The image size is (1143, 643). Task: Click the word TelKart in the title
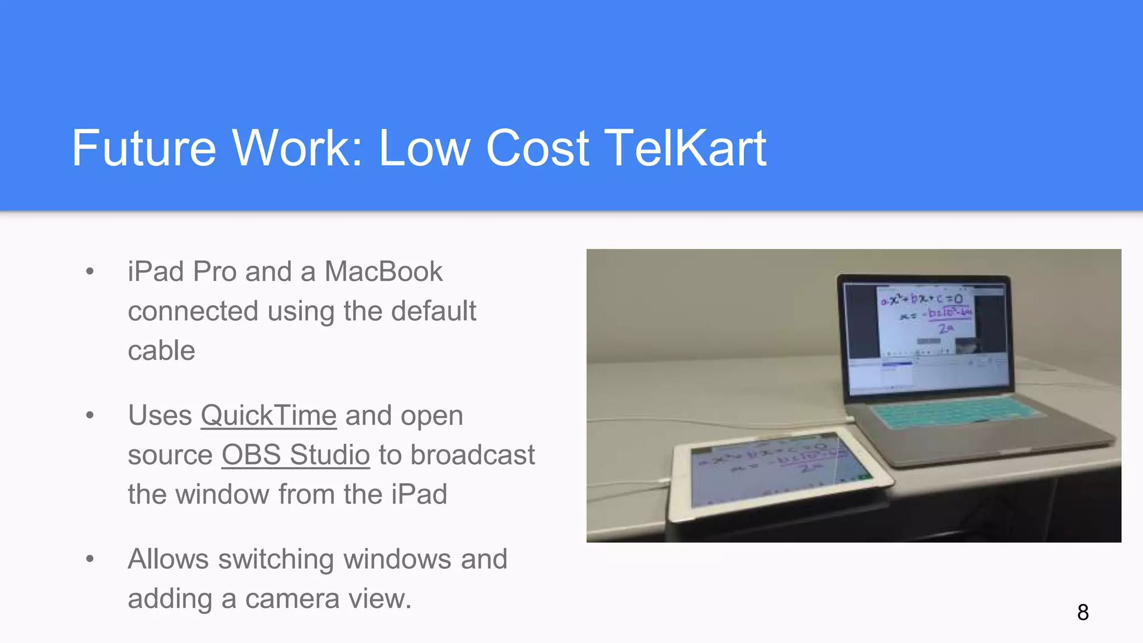(685, 148)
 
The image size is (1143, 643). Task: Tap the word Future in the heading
(143, 148)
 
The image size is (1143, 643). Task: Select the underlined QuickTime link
(268, 415)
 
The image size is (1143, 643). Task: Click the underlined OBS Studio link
(296, 454)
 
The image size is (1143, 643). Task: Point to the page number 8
(1083, 612)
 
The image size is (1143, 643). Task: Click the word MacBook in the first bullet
(383, 272)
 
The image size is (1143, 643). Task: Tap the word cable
(161, 351)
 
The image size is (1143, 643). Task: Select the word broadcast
(473, 454)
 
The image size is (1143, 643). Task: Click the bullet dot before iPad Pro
(90, 272)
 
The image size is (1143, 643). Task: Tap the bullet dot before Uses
(90, 415)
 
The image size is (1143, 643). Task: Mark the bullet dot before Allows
(90, 559)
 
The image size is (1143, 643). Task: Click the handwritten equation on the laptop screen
(926, 313)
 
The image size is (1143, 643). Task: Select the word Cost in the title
(537, 148)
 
